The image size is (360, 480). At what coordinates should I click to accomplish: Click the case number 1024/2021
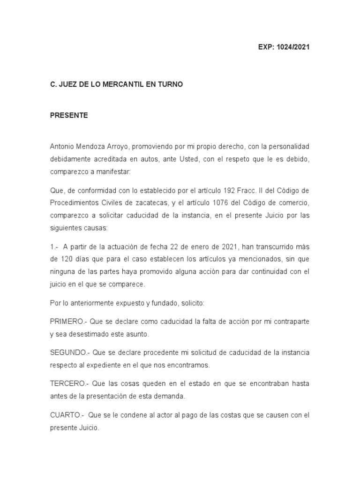(x=293, y=47)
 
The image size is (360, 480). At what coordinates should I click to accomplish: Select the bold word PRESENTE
(x=69, y=115)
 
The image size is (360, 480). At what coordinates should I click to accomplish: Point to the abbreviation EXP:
(x=266, y=47)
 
